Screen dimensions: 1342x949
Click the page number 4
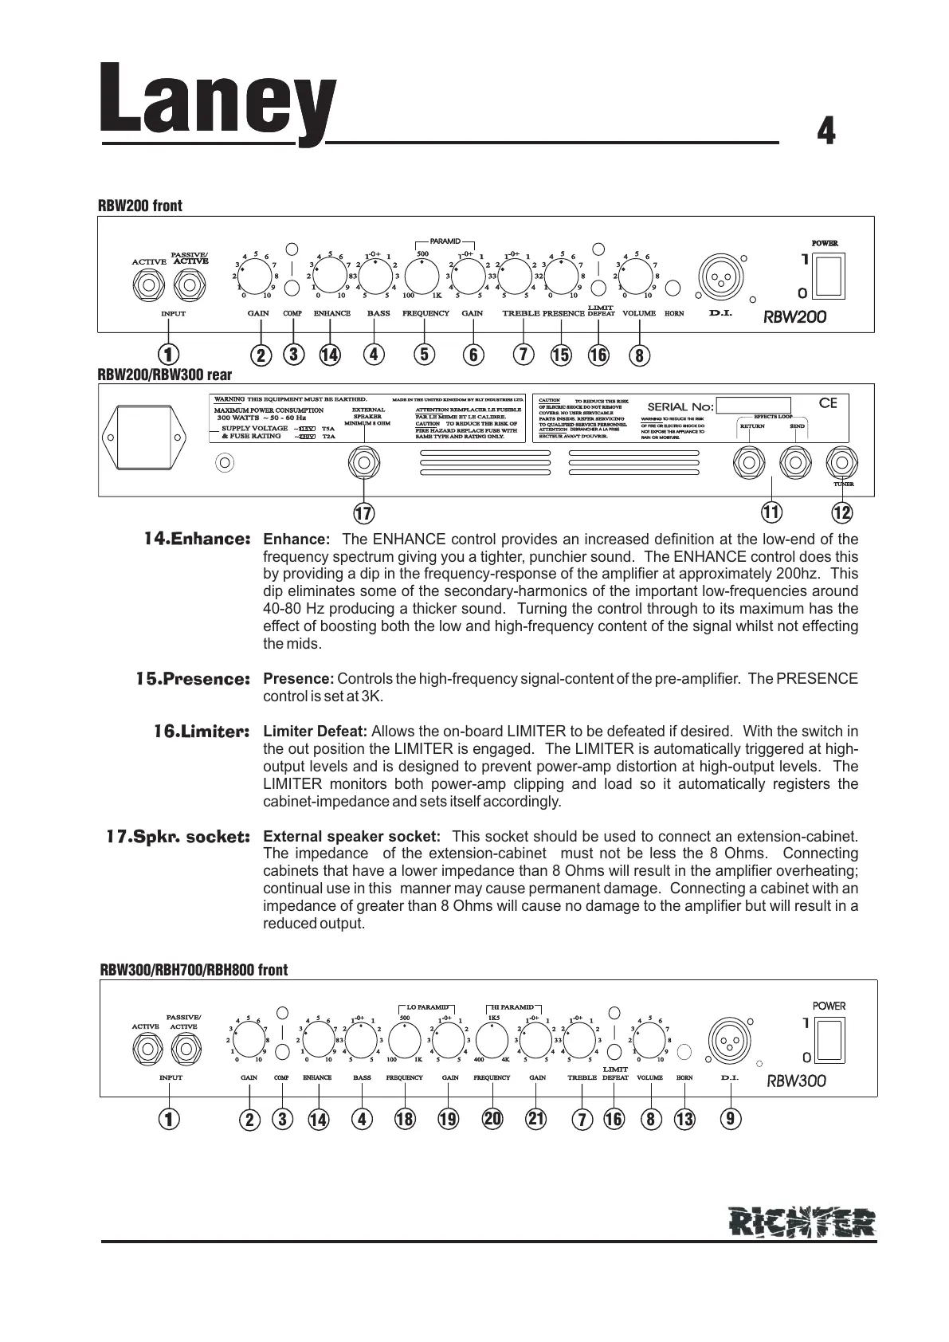(x=826, y=131)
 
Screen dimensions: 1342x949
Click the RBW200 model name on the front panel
(x=794, y=316)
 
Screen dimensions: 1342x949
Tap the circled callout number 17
(x=363, y=513)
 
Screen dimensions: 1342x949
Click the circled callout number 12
(x=841, y=511)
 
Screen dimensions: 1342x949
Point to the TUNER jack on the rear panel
(x=841, y=461)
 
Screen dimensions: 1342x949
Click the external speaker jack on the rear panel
(x=363, y=462)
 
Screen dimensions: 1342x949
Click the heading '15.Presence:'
(x=193, y=680)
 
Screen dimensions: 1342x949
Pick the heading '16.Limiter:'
(x=202, y=732)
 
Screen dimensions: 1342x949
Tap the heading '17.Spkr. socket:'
(x=178, y=838)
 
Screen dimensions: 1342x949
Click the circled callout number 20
(x=492, y=1119)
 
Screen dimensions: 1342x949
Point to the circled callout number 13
(x=684, y=1120)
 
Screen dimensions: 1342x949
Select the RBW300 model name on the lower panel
(x=796, y=1081)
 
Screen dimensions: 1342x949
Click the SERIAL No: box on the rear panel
(x=752, y=406)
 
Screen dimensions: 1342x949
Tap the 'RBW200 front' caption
(x=140, y=206)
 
